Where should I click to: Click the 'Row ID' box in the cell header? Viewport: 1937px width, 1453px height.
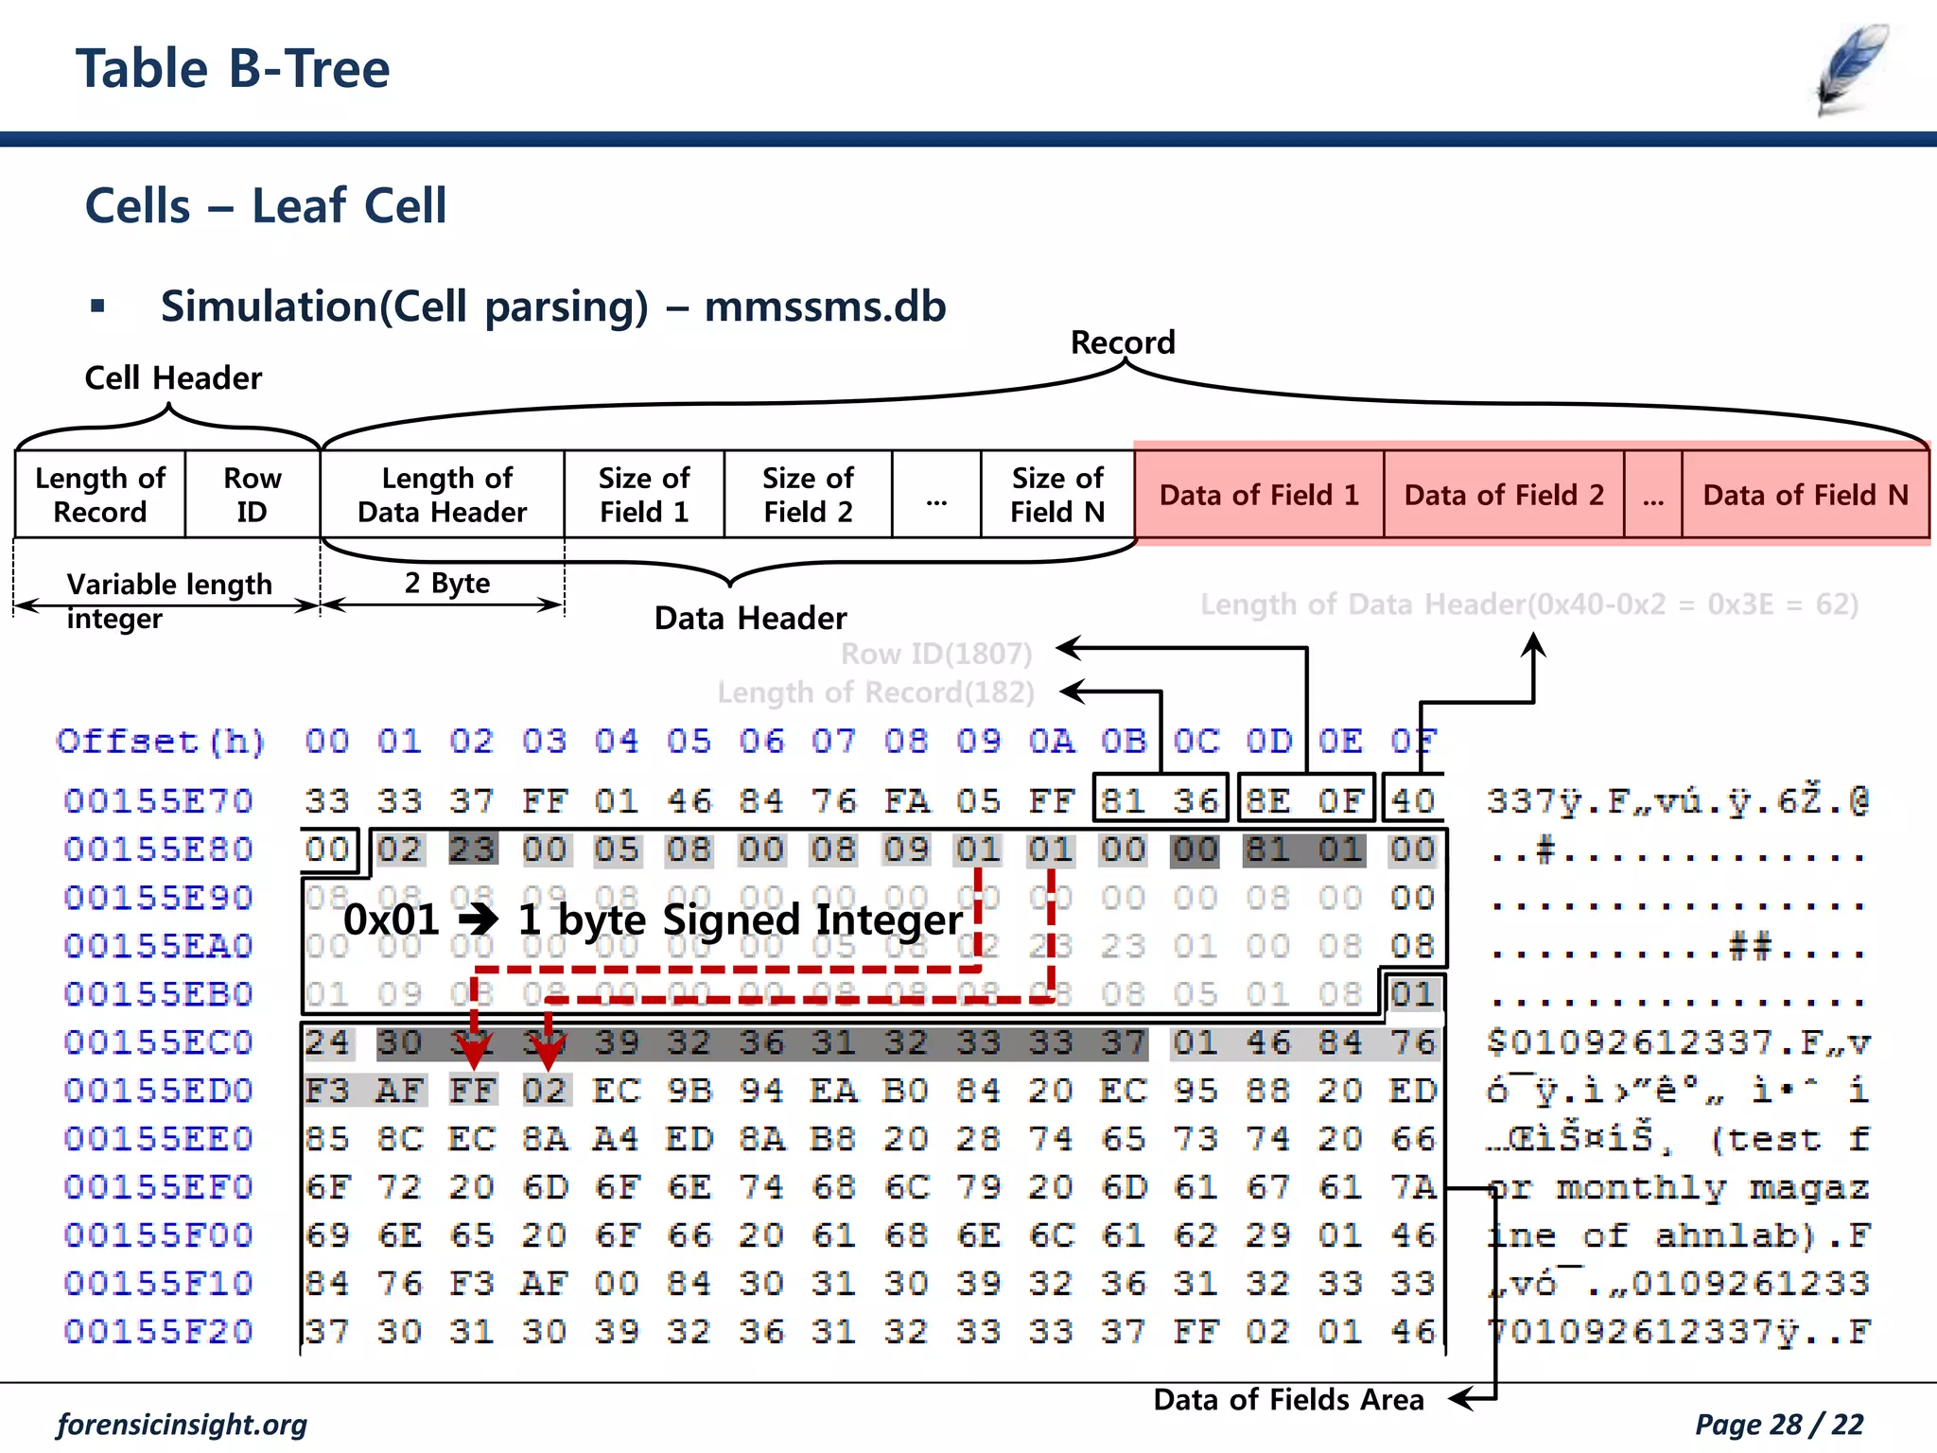(252, 495)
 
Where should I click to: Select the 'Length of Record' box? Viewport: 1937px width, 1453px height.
(100, 495)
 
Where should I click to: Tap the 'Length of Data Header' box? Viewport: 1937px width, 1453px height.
(443, 495)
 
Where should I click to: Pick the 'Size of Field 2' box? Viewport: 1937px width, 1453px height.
(808, 495)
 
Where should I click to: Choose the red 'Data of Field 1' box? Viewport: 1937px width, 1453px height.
(1259, 495)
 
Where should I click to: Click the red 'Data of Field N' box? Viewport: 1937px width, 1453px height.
(1805, 495)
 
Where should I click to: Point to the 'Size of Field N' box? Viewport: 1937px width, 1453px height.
(1057, 495)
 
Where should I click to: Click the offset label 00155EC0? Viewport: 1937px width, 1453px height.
(159, 1042)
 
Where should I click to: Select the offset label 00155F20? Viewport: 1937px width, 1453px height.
(159, 1332)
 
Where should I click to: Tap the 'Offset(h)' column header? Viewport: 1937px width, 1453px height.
(161, 742)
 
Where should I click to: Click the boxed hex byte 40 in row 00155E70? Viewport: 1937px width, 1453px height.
(1413, 801)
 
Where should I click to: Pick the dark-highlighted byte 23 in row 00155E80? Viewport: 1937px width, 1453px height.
(472, 849)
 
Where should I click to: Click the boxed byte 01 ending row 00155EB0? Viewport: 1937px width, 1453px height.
(1413, 994)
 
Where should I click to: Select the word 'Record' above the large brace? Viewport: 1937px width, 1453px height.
(1123, 342)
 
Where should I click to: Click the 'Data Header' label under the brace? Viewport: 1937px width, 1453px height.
(750, 619)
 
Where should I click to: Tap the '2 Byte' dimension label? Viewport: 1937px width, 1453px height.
(447, 583)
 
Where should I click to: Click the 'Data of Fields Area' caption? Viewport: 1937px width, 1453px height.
(1288, 1400)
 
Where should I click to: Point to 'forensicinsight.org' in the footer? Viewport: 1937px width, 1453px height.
(183, 1425)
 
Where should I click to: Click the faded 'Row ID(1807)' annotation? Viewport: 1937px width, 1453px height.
(936, 654)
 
